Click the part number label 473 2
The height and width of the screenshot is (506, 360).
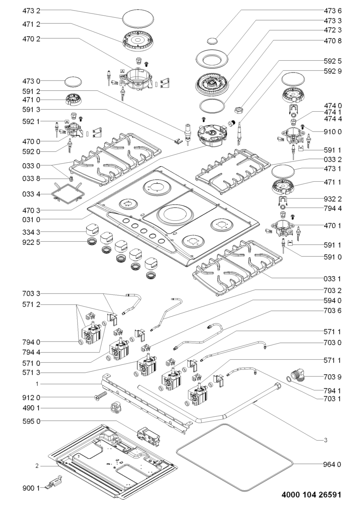tap(31, 11)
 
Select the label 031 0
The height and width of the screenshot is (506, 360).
tap(31, 219)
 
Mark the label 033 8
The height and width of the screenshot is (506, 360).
tap(31, 179)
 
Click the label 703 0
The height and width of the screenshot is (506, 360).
tap(333, 343)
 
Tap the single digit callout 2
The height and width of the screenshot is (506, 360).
tap(37, 466)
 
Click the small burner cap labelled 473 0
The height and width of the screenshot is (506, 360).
tap(73, 81)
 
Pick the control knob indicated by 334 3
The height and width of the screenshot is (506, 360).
tap(92, 230)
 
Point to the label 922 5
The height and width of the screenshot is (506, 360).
tap(31, 242)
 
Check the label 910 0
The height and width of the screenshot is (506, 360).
tap(333, 132)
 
